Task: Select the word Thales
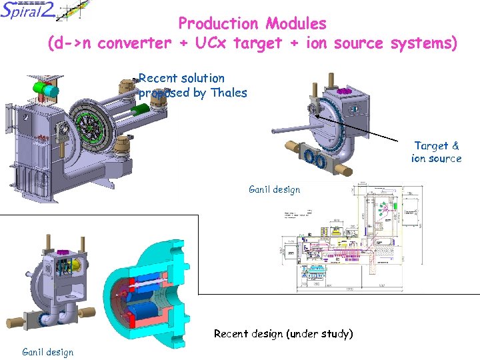point(228,93)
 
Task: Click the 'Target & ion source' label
point(437,151)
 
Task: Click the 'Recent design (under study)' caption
point(283,333)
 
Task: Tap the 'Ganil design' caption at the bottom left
point(48,351)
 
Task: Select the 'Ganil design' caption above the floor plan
point(274,189)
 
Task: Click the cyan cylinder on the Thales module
point(42,88)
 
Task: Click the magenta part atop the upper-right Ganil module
point(345,91)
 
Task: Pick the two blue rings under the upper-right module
point(314,159)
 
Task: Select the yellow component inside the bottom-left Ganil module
point(75,265)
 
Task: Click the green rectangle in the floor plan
point(397,207)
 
